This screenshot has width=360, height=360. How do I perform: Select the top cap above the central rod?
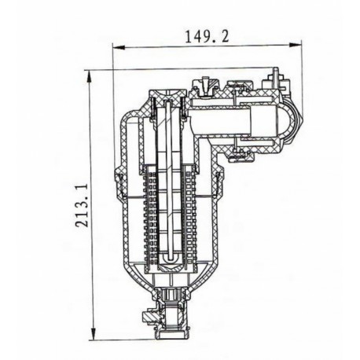[167, 96]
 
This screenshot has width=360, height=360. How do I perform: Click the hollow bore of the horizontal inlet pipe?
[228, 122]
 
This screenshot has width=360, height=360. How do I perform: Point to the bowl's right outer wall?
[215, 220]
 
